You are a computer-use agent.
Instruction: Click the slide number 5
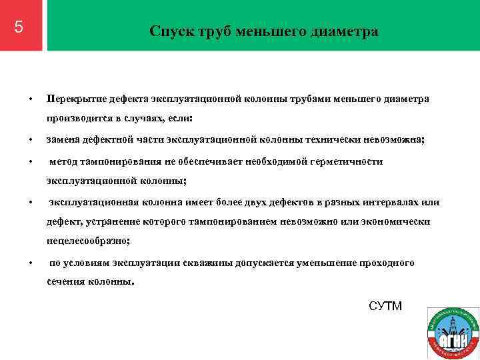tap(19, 27)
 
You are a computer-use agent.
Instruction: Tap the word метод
tap(65, 161)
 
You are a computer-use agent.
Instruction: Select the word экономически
tap(396, 221)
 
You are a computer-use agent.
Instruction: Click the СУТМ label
tap(385, 306)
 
